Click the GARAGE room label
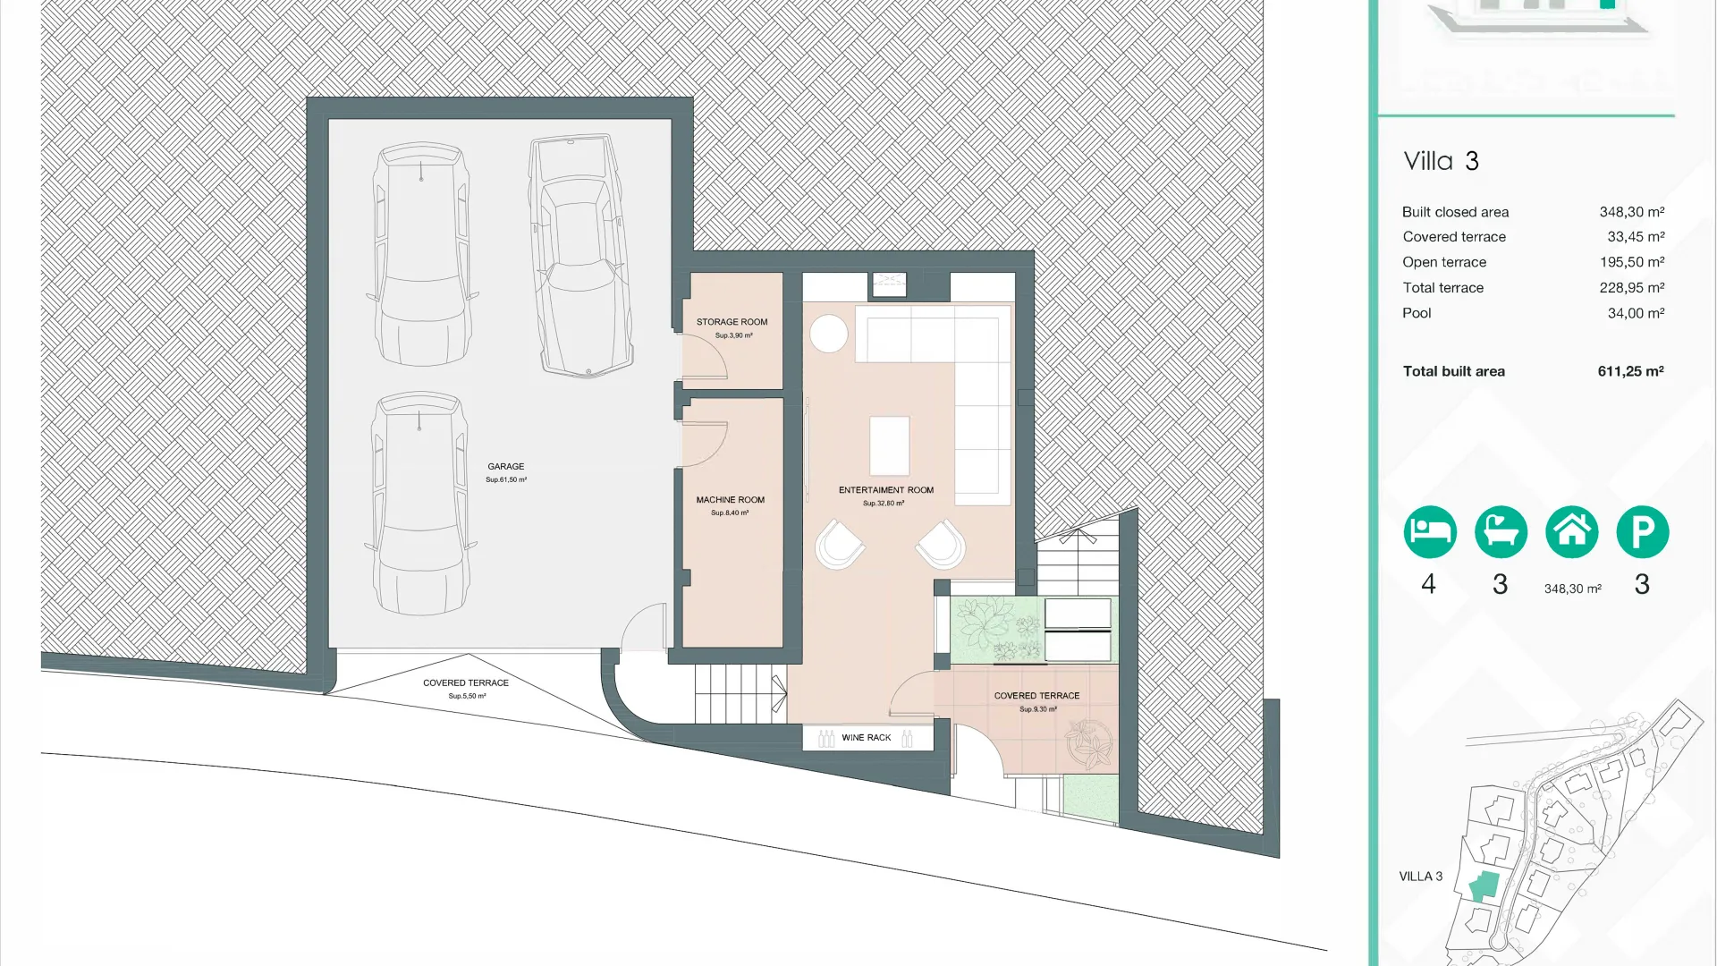coord(506,467)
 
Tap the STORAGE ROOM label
coord(732,322)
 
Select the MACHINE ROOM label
coord(730,500)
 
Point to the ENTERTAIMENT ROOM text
coord(885,490)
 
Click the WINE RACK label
coord(866,738)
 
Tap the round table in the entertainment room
coord(829,335)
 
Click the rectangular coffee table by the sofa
coord(890,445)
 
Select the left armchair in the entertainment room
coord(839,545)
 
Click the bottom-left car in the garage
coord(419,504)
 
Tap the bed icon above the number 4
coord(1429,532)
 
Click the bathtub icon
coord(1501,532)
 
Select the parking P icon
coord(1642,532)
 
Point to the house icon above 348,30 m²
coord(1571,532)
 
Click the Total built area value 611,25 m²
coord(1630,371)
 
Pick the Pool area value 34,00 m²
coord(1636,313)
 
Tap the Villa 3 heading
coord(1441,161)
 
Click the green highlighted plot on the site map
coord(1484,885)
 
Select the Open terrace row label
coord(1444,262)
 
